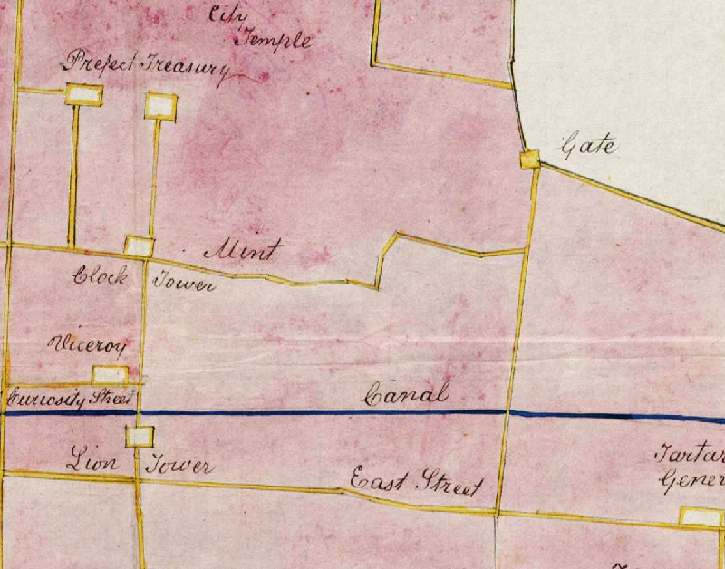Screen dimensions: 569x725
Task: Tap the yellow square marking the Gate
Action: pos(530,159)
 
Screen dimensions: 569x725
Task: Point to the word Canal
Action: pos(406,395)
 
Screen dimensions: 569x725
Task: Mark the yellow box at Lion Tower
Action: pos(139,437)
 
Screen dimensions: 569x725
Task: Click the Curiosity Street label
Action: pos(71,397)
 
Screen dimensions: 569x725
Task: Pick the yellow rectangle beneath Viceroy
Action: pos(110,374)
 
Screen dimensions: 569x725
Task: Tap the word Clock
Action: pos(100,276)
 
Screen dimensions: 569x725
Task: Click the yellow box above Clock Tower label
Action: pos(139,246)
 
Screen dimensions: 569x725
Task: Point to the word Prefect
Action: pos(98,63)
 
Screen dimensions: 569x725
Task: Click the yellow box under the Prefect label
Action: pos(83,93)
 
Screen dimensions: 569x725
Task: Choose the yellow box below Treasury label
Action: pos(160,106)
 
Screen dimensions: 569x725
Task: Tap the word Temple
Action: pos(275,39)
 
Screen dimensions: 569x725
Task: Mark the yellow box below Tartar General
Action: pos(701,517)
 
